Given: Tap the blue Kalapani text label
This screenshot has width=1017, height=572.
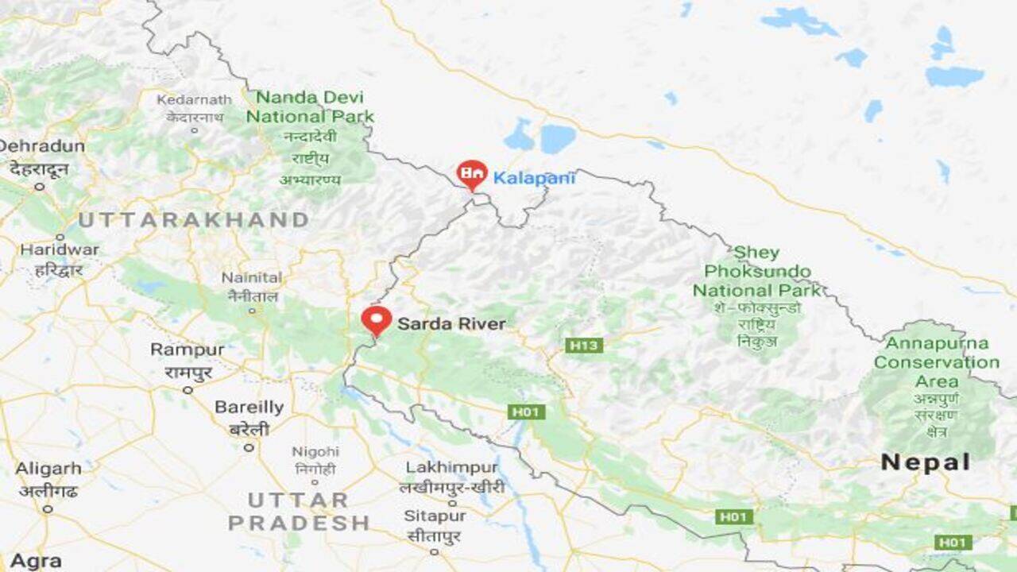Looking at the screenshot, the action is [x=534, y=178].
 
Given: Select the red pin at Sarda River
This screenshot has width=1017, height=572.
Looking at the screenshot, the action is [x=377, y=320].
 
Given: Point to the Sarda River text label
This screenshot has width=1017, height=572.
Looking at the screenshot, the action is [x=451, y=323].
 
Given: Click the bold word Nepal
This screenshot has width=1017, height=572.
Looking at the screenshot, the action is [x=926, y=462].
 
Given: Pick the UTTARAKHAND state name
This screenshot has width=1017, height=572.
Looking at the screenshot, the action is [x=193, y=220].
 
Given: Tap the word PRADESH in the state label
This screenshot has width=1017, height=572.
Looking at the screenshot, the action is [x=299, y=524].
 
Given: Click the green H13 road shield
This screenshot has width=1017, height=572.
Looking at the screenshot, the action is [x=584, y=346].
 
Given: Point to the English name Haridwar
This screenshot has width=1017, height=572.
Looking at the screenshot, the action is [x=60, y=249].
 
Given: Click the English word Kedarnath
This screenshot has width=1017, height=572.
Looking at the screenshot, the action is [x=194, y=100].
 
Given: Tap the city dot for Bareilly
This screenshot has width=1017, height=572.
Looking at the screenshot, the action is [x=249, y=447].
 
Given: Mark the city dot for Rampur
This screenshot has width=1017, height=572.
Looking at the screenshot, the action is [x=188, y=389].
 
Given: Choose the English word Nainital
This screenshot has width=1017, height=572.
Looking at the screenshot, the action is [x=251, y=278].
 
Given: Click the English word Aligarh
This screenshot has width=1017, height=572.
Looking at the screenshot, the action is [x=48, y=469].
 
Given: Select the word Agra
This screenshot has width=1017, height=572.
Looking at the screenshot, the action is [x=36, y=561].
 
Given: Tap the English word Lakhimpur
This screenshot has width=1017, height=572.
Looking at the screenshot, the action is [x=451, y=468].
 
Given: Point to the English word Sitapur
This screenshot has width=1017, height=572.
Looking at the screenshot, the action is [x=435, y=516].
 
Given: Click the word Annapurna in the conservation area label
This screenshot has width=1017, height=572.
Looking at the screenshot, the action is [x=937, y=343].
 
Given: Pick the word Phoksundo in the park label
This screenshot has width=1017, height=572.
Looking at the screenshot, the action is [x=758, y=272].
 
